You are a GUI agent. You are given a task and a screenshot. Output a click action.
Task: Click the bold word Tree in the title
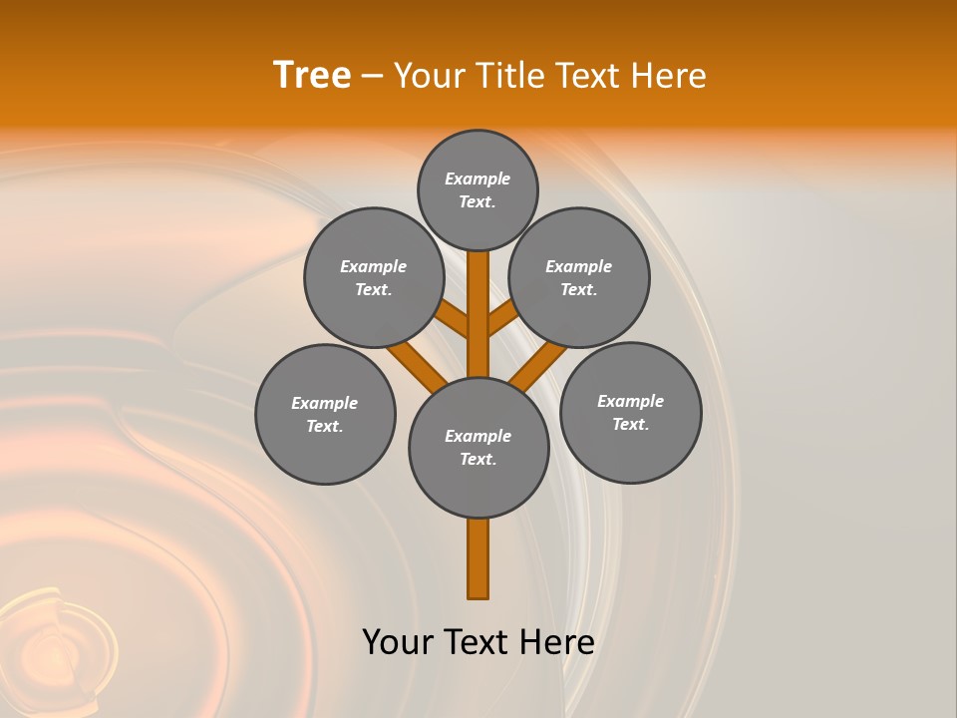[312, 76]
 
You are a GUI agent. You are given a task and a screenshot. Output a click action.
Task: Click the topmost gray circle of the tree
[478, 189]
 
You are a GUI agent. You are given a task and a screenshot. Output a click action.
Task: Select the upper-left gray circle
[374, 277]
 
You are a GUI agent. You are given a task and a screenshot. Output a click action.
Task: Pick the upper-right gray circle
[579, 277]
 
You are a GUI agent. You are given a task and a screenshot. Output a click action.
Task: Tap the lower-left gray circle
[325, 414]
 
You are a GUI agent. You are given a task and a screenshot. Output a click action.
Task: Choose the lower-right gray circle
[630, 412]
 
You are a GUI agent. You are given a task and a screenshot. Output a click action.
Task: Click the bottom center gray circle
[478, 447]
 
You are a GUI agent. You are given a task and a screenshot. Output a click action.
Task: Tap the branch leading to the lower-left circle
[418, 366]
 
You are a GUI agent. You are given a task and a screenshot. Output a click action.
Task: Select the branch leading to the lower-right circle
[538, 366]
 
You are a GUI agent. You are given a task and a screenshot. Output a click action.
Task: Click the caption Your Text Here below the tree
[478, 641]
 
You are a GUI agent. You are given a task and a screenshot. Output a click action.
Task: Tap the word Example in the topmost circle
[478, 179]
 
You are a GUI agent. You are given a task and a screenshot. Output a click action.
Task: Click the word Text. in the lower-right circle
[630, 424]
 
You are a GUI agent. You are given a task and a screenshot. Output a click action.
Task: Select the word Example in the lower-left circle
[324, 403]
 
